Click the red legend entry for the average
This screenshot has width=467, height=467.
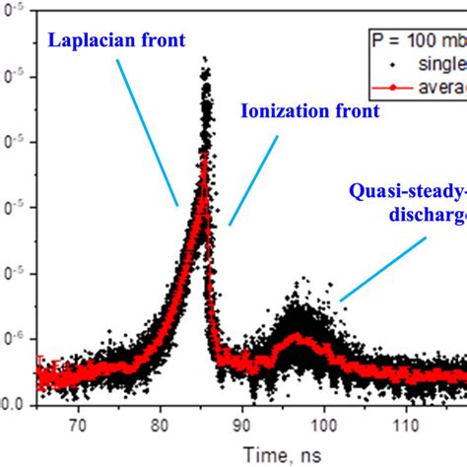click(434, 90)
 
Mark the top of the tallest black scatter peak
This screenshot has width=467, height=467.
click(205, 59)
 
